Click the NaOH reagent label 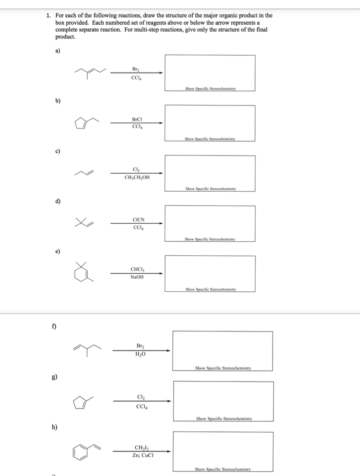pyautogui.click(x=137, y=277)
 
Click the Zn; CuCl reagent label pyautogui.click(x=141, y=455)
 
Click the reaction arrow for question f pyautogui.click(x=141, y=350)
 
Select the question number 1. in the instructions pyautogui.click(x=49, y=16)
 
